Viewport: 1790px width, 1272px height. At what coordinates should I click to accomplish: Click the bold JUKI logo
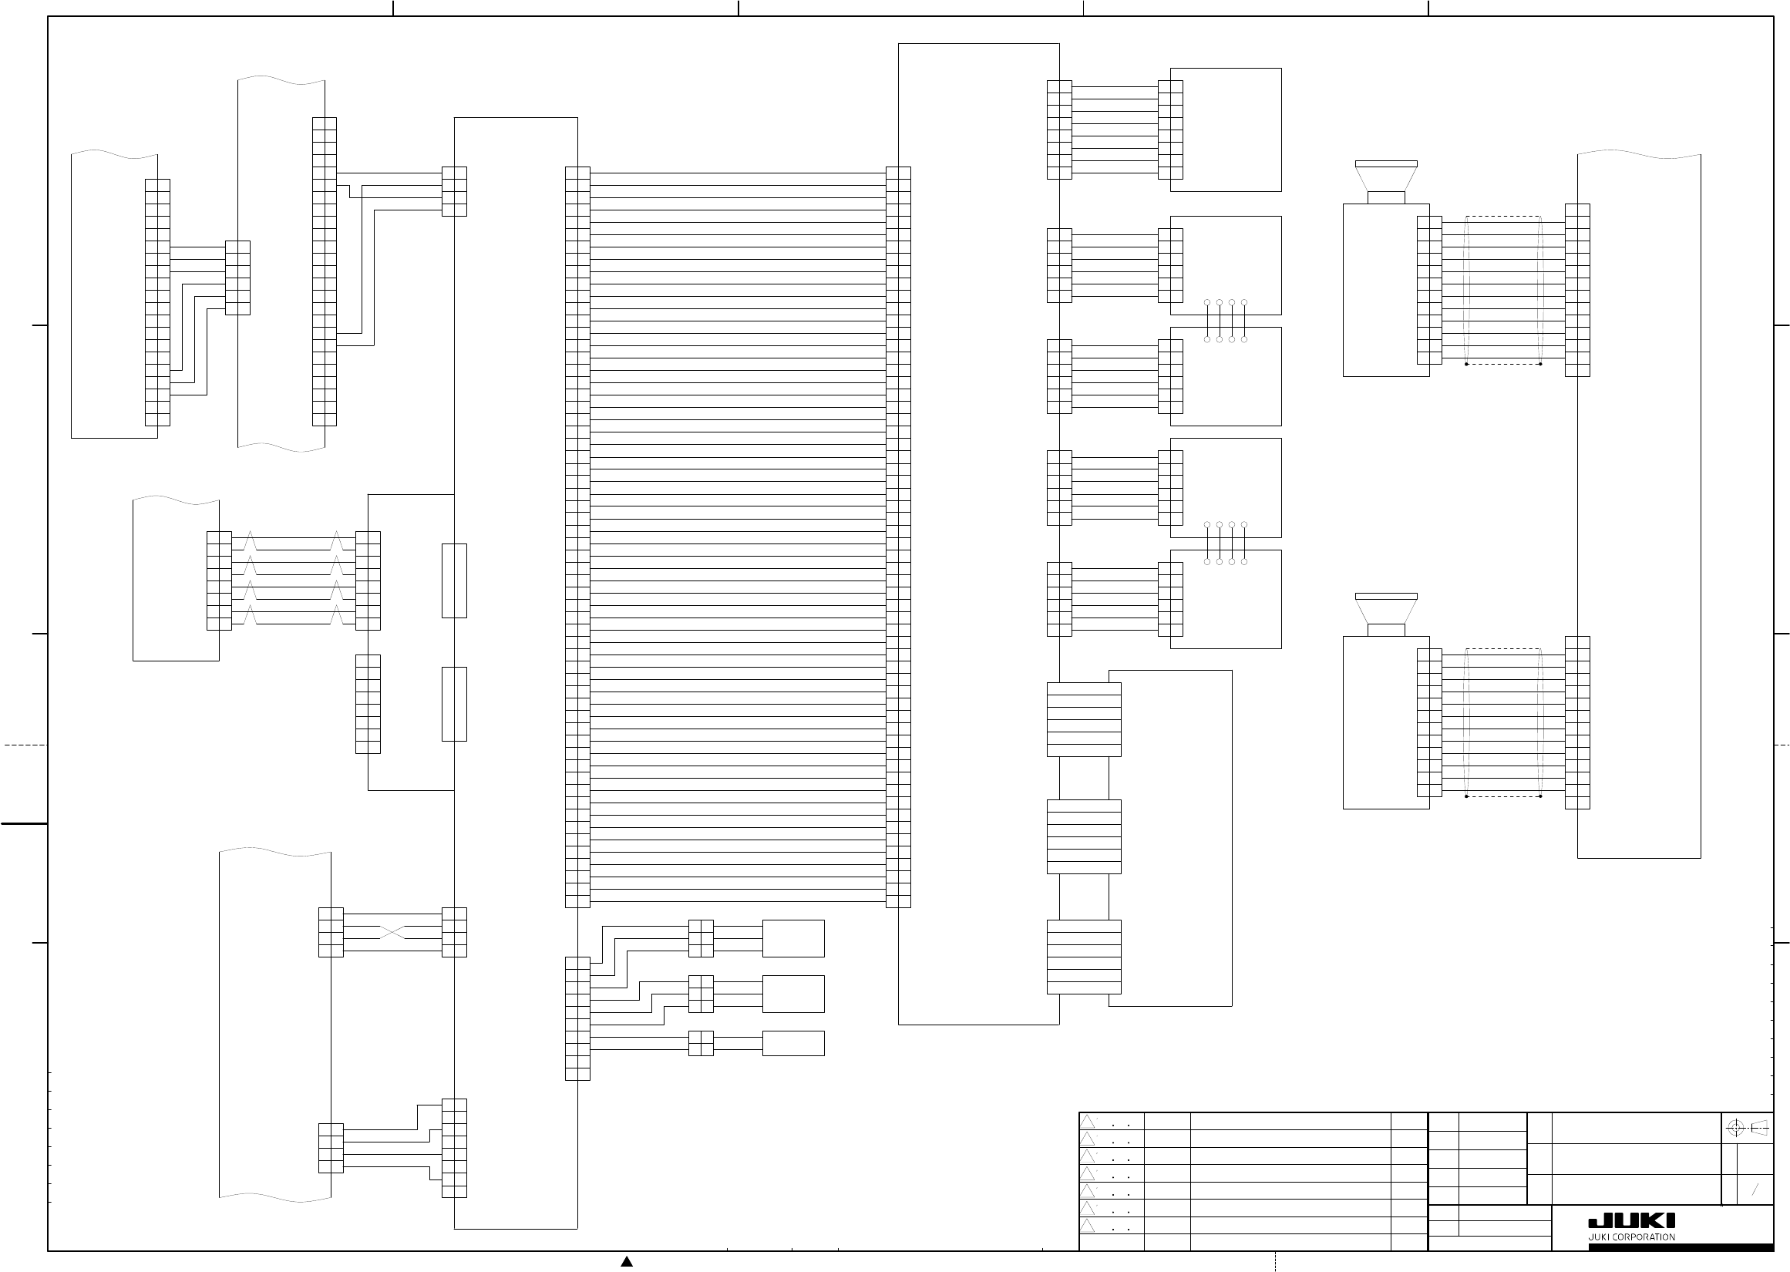point(1632,1221)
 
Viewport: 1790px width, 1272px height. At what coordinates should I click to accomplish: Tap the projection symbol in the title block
point(1748,1128)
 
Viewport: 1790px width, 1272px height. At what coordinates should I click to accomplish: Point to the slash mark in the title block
point(1755,1189)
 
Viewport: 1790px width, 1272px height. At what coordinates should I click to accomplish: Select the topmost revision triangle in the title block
point(1088,1122)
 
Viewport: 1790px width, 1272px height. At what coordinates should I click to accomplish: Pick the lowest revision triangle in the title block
point(1088,1226)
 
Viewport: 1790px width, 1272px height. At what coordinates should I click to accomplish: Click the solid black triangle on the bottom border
point(627,1261)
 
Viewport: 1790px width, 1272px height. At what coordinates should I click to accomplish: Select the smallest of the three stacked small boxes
point(793,1043)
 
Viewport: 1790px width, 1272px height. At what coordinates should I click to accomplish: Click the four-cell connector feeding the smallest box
point(701,1043)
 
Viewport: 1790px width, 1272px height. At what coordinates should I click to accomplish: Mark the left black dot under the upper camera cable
point(1465,364)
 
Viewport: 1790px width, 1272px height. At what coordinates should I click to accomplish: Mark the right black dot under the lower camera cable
point(1540,796)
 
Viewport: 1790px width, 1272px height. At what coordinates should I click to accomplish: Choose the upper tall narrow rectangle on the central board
point(454,580)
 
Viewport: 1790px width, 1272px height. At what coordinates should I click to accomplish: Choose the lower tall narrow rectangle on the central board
point(454,704)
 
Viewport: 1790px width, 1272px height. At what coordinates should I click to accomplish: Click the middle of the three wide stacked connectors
point(1084,836)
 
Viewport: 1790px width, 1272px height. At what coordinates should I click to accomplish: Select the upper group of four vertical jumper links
point(1226,321)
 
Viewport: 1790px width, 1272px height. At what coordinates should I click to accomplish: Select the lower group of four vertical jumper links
point(1226,543)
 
